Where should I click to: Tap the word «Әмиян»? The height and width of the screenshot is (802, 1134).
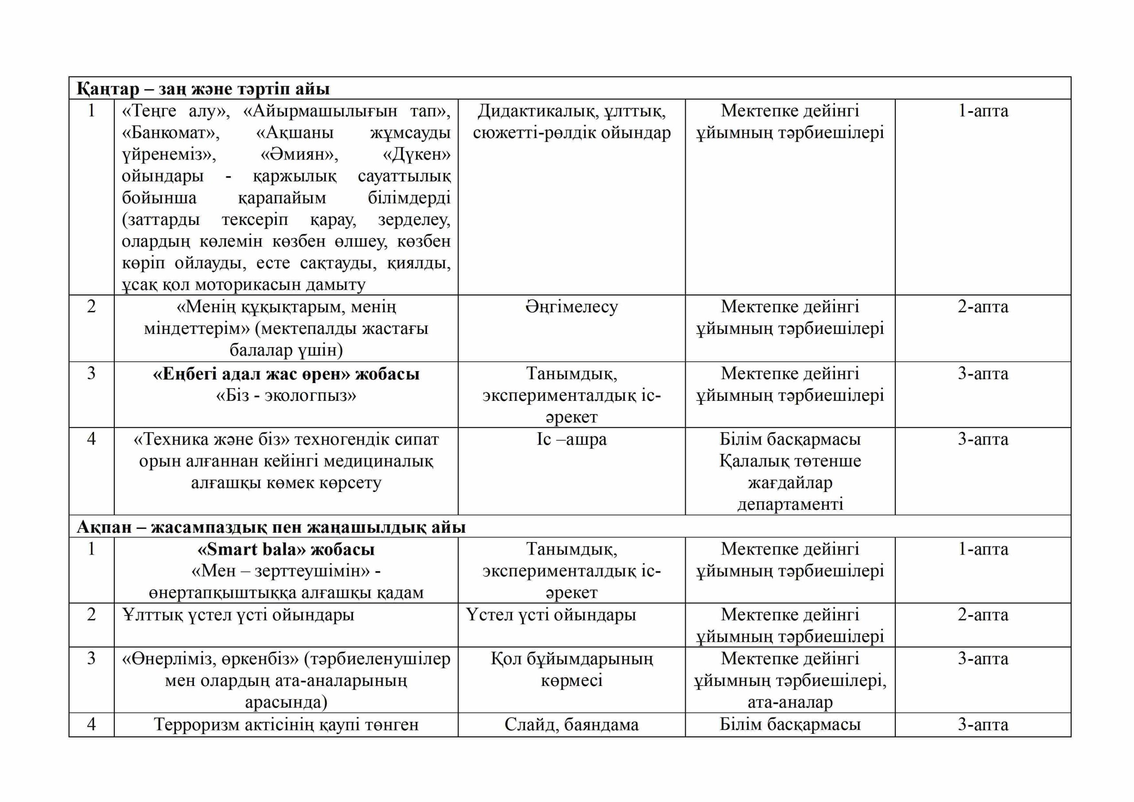tap(299, 155)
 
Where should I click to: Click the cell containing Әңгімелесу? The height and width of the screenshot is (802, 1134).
tap(571, 307)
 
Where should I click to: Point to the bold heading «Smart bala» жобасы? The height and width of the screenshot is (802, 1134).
tap(286, 550)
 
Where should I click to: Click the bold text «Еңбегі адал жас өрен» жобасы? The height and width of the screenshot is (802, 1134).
tap(286, 374)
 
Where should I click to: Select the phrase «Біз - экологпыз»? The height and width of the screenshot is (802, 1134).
tap(286, 395)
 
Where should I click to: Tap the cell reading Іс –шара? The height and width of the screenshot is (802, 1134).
tap(571, 439)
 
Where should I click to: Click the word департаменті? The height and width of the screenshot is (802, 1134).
tap(790, 504)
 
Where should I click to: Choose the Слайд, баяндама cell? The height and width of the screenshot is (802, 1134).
tap(571, 725)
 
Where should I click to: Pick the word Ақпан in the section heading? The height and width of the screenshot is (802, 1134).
tap(104, 527)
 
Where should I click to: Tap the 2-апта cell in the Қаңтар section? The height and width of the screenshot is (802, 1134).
tap(983, 307)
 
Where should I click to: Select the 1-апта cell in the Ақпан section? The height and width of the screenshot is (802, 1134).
tap(983, 549)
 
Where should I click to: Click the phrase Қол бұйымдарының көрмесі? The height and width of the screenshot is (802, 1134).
tap(571, 670)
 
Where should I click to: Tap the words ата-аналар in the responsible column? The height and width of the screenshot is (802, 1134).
tap(790, 702)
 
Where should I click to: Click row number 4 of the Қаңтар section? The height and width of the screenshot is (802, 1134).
tap(91, 439)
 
